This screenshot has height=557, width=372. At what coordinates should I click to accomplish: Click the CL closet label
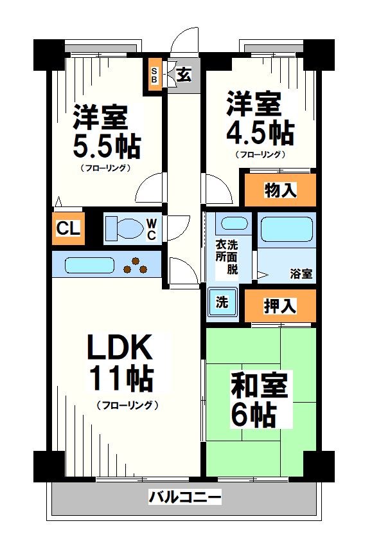tap(67, 228)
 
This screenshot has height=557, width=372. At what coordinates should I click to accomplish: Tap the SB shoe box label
tap(155, 74)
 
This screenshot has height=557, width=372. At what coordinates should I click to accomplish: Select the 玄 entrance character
tap(183, 75)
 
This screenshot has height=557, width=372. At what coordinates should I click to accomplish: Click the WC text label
tap(151, 229)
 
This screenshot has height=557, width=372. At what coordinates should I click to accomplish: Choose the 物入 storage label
tap(279, 190)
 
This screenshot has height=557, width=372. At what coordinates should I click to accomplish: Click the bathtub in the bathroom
tap(287, 228)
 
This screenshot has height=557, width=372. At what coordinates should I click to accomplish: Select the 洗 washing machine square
tap(222, 303)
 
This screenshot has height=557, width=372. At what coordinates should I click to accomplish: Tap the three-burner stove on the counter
tap(136, 264)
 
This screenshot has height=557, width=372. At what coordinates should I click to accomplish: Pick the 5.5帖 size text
tap(106, 147)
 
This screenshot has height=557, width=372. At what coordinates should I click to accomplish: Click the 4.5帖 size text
tap(260, 132)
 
